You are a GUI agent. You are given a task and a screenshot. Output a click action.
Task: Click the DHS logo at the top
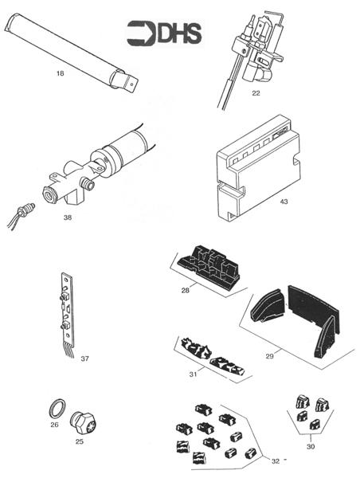pyautogui.click(x=164, y=33)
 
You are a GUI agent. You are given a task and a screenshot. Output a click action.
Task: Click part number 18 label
pyautogui.click(x=61, y=74)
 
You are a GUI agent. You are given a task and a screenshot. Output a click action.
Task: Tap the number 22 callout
pyautogui.click(x=256, y=93)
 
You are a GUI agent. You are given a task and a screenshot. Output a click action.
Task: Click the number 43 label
pyautogui.click(x=284, y=202)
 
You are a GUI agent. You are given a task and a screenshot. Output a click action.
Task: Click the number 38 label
pyautogui.click(x=68, y=215)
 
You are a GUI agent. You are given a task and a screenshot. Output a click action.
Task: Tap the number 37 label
pyautogui.click(x=84, y=358)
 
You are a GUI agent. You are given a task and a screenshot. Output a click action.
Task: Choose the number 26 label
pyautogui.click(x=53, y=425)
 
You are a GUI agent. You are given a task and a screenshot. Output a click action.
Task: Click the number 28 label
pyautogui.click(x=185, y=291)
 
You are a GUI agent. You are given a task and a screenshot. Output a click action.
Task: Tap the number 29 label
pyautogui.click(x=269, y=355)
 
